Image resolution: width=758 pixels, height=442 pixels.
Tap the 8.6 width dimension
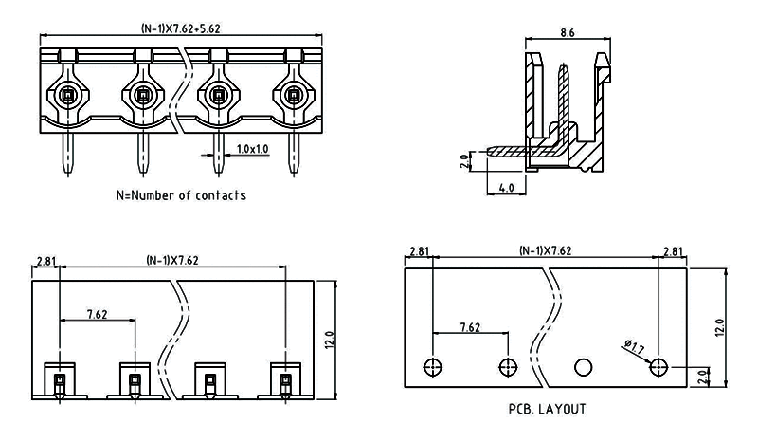[568, 32]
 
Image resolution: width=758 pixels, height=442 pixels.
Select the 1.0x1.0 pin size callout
[252, 149]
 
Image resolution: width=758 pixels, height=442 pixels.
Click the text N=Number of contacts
[181, 195]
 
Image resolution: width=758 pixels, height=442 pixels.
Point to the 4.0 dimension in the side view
[505, 188]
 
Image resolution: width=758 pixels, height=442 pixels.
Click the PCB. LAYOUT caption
[548, 410]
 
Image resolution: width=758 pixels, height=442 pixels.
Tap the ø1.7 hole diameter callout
[635, 347]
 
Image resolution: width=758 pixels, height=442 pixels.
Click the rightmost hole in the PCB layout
[660, 366]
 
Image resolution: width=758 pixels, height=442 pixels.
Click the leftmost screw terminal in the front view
[66, 95]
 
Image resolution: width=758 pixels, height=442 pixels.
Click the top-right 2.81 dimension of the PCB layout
[673, 251]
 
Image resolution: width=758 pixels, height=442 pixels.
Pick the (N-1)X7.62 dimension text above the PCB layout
[545, 251]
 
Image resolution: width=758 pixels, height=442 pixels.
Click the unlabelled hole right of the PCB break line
[584, 366]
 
